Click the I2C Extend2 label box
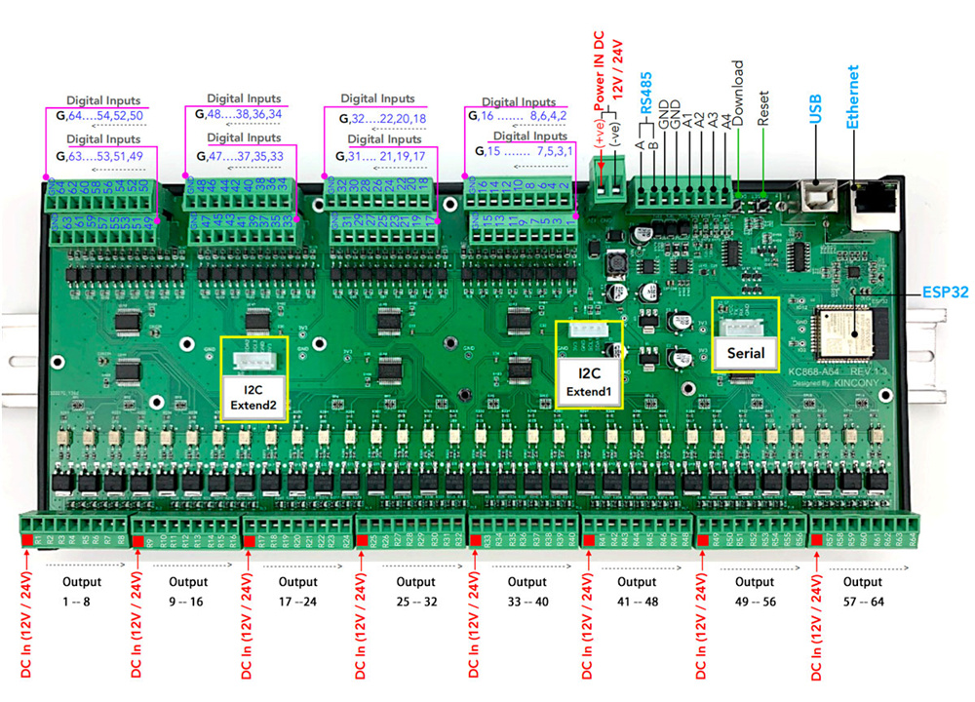click(254, 397)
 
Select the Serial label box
click(746, 353)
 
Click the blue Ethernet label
click(852, 97)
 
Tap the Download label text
click(739, 93)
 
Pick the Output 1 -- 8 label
click(75, 592)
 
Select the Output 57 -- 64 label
click(865, 592)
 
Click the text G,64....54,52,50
click(100, 116)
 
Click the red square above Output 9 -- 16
click(138, 541)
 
